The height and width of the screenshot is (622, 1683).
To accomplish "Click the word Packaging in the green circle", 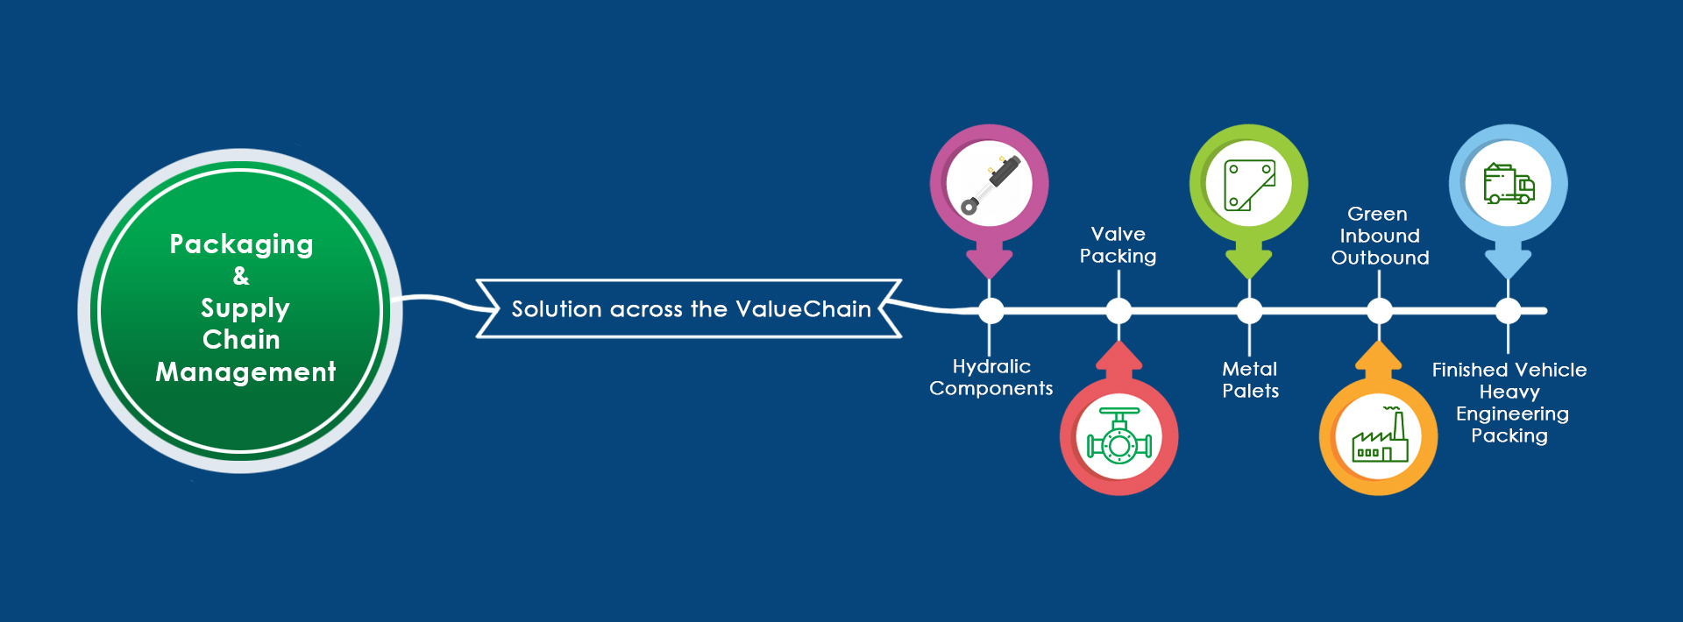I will click(241, 244).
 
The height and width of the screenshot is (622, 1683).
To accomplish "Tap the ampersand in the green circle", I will click(241, 276).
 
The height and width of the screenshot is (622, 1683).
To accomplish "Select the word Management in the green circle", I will click(245, 372).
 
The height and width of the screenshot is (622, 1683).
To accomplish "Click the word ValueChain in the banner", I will click(803, 309).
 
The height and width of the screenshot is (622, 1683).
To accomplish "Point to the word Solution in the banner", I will click(557, 309).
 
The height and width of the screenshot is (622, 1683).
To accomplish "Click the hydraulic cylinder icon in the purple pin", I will click(990, 185).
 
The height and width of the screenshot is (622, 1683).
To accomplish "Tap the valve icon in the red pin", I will click(1119, 436).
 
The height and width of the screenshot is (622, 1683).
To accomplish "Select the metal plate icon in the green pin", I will click(1249, 185).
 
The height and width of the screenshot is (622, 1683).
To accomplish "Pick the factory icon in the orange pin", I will click(1380, 436).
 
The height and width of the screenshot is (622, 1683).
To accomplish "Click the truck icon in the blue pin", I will click(1509, 185).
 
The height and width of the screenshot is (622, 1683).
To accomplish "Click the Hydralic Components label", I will click(991, 378).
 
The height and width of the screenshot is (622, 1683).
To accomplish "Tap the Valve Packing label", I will click(1118, 245).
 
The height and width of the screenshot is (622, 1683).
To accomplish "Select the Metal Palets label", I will click(1251, 380).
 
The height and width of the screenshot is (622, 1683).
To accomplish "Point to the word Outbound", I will click(1380, 258).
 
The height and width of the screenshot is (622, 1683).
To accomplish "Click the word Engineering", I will click(1512, 414).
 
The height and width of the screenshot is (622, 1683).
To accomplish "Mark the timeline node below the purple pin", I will click(991, 311).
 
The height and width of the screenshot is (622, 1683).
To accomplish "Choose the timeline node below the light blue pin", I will click(1508, 311).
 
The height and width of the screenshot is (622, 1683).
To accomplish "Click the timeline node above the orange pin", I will click(1380, 311).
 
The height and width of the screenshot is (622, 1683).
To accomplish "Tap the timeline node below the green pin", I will click(1249, 311).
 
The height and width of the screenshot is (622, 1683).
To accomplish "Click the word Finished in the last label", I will click(1469, 370).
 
